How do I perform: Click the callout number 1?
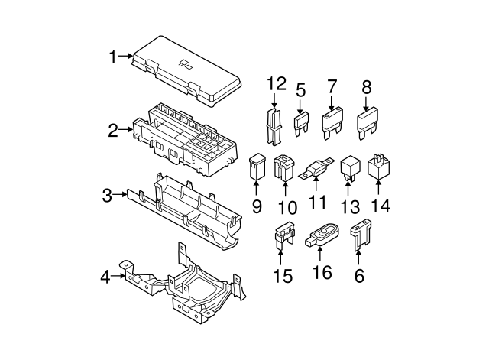coord(112,57)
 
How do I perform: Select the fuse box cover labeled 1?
coord(187,71)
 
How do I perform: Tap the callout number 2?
coord(113,131)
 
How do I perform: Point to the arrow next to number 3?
coord(120,194)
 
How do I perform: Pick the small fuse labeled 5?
coord(301,124)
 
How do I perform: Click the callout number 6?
coord(359,276)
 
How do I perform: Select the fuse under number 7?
coord(332,123)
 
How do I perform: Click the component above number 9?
coord(257,167)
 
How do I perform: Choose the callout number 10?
coord(287,207)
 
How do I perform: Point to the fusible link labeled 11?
coord(316,169)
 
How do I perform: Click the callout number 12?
coord(277,83)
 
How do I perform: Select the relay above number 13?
coord(350,169)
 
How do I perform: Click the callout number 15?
coord(283,276)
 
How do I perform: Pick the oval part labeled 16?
coord(322,235)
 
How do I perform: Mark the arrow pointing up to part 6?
coord(358,257)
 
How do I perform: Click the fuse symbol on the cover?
coord(185,63)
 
